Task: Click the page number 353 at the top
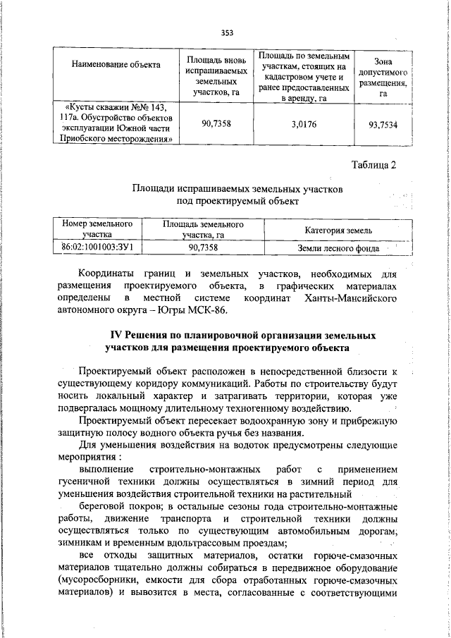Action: (226, 32)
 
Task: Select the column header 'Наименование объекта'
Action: (116, 65)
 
